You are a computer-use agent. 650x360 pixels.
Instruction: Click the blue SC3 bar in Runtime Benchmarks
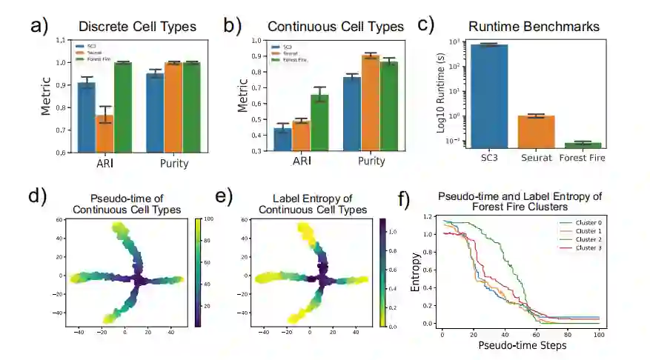click(488, 96)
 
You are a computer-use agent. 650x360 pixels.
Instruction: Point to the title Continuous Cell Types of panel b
click(335, 27)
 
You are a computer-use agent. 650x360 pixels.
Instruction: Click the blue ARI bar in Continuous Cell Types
click(282, 139)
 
